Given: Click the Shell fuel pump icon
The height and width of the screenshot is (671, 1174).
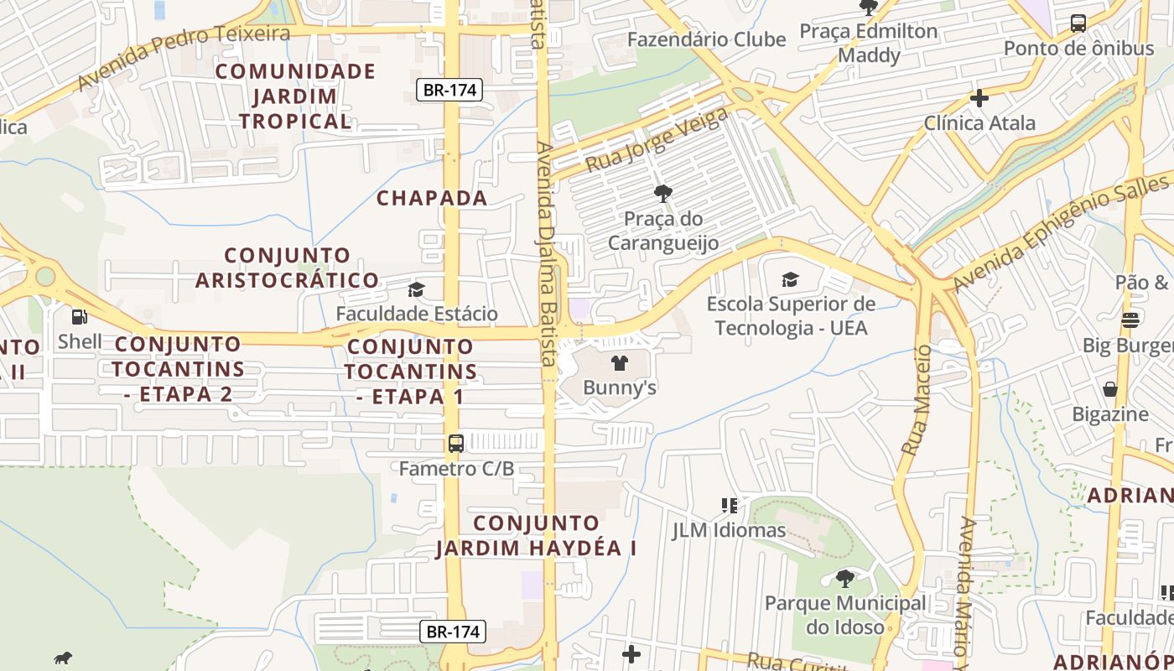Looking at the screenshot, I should [x=79, y=317].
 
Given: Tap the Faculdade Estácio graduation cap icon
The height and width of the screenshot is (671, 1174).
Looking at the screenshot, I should [x=416, y=290].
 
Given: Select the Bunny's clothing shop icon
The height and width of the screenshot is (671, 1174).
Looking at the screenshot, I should [x=619, y=363].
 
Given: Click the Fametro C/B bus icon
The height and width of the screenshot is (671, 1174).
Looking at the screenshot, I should [x=456, y=444].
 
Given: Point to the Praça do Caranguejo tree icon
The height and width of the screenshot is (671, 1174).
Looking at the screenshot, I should [x=662, y=194].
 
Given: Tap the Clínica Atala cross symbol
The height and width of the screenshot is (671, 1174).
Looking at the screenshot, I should [x=979, y=98].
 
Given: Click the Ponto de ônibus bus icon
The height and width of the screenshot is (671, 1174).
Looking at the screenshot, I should [x=1078, y=23].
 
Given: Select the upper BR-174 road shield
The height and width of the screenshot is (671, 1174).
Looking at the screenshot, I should [x=449, y=90].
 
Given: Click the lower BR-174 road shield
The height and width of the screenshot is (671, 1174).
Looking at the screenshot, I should [x=453, y=632].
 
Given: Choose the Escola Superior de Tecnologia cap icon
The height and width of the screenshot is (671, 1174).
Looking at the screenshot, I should [x=790, y=279].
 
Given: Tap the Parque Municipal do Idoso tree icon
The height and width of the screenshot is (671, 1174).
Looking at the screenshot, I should [x=845, y=578].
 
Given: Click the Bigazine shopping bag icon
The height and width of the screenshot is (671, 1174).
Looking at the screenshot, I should [x=1110, y=389].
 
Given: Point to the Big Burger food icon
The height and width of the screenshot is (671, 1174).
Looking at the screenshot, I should [x=1130, y=320].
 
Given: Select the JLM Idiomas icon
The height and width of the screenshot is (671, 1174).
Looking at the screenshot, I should [x=730, y=505].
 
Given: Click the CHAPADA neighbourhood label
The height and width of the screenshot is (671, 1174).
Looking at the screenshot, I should [x=432, y=198].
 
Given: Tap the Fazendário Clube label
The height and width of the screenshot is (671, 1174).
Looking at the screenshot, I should [x=706, y=39].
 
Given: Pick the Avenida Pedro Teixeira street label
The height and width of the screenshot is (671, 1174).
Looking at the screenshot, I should [x=184, y=57].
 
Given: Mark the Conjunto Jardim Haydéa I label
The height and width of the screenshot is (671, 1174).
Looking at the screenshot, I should [x=536, y=536].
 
